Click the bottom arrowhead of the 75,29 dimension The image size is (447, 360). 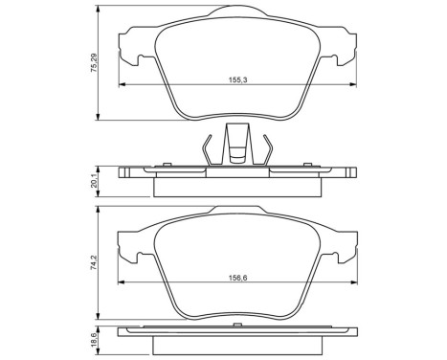(x=101, y=120)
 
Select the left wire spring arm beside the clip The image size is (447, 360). (x=208, y=149)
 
